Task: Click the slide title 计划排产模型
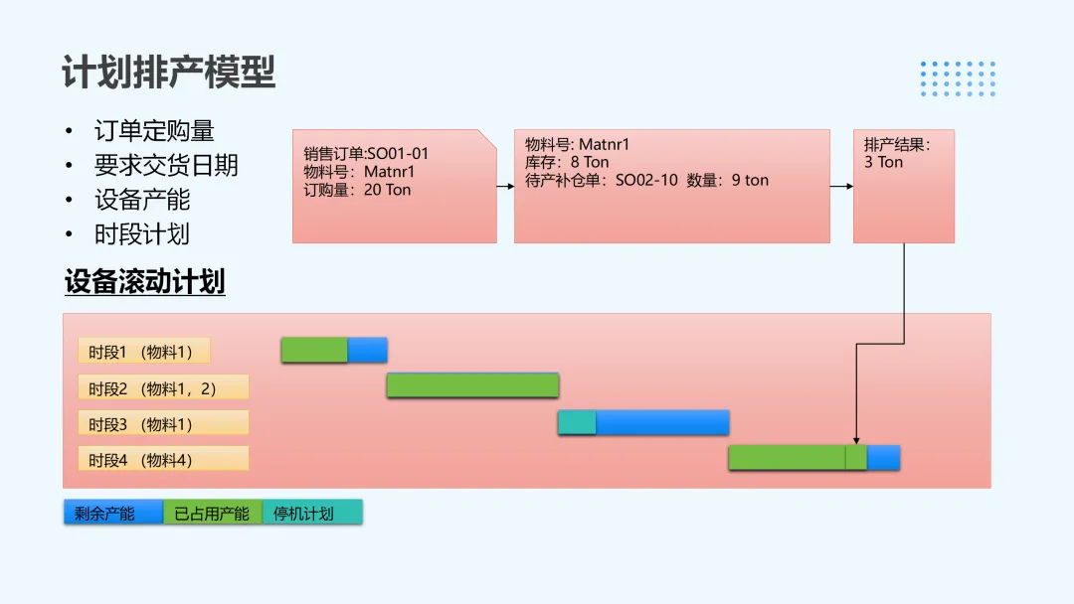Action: point(168,73)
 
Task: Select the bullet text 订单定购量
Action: point(154,131)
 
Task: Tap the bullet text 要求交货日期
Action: point(166,165)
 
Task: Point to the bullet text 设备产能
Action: point(142,200)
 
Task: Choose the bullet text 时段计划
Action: point(142,234)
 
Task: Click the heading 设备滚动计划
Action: point(144,282)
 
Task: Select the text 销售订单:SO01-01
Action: point(366,154)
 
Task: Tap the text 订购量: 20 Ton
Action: point(357,190)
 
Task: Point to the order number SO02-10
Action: point(646,180)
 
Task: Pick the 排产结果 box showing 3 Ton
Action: point(903,186)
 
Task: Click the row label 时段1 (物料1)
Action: point(144,352)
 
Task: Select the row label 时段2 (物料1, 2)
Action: point(163,388)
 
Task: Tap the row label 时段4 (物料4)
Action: point(163,460)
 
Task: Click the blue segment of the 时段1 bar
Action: point(367,351)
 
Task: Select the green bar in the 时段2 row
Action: point(472,385)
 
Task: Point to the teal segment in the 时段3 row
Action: point(577,423)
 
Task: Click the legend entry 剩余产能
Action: point(112,514)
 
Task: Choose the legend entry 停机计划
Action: point(312,514)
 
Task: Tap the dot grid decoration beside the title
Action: point(958,78)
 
